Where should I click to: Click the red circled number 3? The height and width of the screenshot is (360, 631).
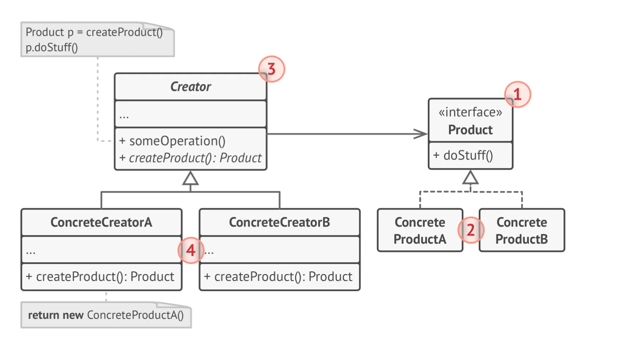click(271, 69)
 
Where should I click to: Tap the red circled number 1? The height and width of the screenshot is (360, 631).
click(517, 95)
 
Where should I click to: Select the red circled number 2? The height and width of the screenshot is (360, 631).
click(471, 230)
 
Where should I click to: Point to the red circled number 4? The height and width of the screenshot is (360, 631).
click(191, 250)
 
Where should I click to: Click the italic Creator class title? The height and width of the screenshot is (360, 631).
click(190, 87)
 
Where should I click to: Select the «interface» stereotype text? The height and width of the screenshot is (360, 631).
click(470, 112)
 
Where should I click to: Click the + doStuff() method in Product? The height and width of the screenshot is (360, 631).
click(463, 155)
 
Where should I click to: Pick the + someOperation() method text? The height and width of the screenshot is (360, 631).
click(172, 141)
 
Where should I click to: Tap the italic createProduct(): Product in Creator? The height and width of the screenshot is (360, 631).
click(190, 158)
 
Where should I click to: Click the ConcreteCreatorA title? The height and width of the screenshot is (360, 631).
click(101, 222)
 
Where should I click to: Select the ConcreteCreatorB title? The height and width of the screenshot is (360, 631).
click(280, 222)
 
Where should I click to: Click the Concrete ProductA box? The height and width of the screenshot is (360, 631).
click(420, 231)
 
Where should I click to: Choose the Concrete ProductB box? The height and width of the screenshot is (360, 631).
click(521, 231)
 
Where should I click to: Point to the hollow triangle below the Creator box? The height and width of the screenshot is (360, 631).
click(190, 179)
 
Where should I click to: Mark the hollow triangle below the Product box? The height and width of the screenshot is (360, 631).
click(470, 178)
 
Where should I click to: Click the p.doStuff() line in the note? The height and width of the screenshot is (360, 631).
click(52, 48)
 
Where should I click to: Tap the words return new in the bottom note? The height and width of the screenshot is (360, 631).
click(56, 315)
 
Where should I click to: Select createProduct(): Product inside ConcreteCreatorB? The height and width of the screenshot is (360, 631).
click(280, 277)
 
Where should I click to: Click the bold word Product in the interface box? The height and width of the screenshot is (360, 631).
click(470, 130)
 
